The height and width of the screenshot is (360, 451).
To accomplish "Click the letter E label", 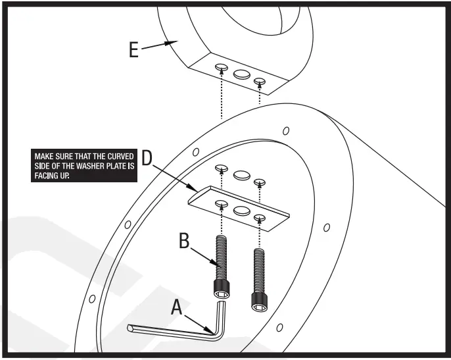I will pos(133,50).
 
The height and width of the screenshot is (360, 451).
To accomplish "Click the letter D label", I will pos(147,158).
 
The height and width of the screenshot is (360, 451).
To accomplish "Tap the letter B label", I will pos(185,241).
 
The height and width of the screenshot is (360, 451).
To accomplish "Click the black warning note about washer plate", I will pos(83,167).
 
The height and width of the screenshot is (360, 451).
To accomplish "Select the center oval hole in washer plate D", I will pos(241,210).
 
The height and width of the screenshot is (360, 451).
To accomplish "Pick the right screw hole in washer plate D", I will pos(261,217).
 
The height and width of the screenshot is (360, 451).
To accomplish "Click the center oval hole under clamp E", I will pos(241,74).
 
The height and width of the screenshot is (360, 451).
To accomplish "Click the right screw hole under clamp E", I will pos(260,82).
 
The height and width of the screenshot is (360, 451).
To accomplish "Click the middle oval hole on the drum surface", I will pos(241,174).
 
